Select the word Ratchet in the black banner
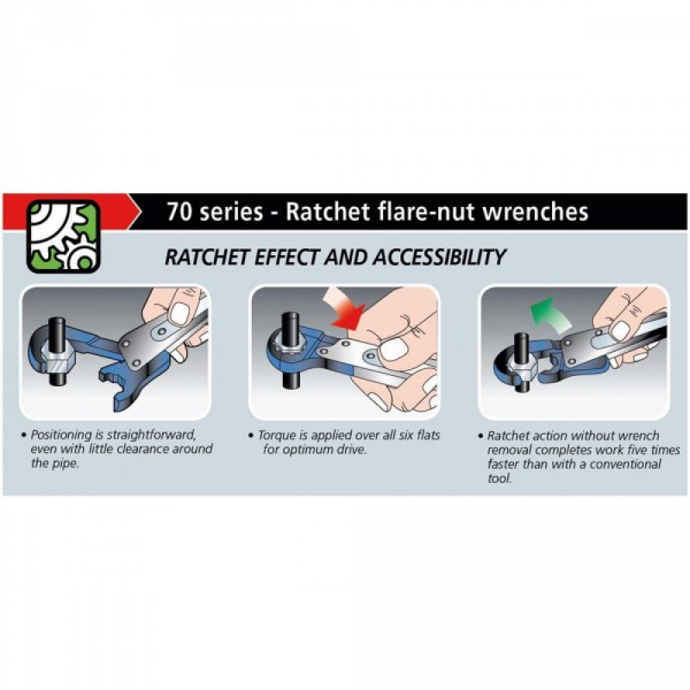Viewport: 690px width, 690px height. click(x=320, y=211)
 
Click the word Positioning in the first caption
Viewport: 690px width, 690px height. click(x=63, y=435)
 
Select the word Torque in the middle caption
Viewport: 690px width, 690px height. click(x=276, y=435)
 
